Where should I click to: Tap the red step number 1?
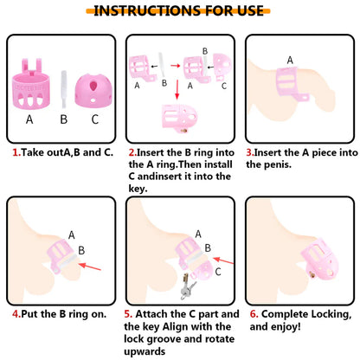[x=16, y=152]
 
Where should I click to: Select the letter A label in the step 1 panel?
[x=29, y=119]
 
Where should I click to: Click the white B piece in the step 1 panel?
[x=64, y=89]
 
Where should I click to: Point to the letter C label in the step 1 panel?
[x=95, y=119]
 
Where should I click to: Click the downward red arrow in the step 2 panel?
[x=177, y=90]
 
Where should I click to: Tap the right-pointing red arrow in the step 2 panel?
[x=176, y=66]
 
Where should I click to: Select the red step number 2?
[x=132, y=152]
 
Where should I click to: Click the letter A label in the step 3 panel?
[x=290, y=60]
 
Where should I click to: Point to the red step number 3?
[x=250, y=152]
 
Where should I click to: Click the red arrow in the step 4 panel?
[x=90, y=267]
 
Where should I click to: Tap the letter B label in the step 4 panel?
[x=81, y=250]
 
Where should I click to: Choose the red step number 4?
[x=16, y=314]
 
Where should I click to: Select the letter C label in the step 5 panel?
[x=218, y=272]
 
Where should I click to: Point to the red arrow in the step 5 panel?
[x=223, y=260]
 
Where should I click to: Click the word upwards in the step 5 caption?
[x=145, y=351]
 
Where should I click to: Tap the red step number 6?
[x=254, y=314]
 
